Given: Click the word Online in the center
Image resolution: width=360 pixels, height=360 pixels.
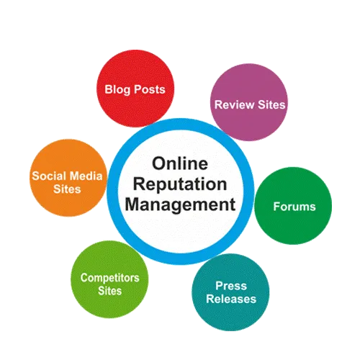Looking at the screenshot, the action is [x=180, y=163].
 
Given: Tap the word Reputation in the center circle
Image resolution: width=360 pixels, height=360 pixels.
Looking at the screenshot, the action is [x=180, y=185].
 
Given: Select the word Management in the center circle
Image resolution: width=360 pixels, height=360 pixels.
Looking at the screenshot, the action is [x=180, y=205].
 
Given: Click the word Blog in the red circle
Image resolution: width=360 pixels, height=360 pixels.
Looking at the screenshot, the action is [x=117, y=90].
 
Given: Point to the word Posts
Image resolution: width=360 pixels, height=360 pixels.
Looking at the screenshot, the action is [x=150, y=89].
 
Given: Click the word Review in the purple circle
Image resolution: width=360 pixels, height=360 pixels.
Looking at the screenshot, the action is [x=235, y=105].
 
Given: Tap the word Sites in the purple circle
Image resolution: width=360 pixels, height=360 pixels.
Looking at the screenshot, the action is [x=271, y=105].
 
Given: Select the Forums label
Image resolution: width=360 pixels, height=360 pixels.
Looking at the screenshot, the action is [x=294, y=207].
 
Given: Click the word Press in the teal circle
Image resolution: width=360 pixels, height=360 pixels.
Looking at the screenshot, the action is [x=231, y=286].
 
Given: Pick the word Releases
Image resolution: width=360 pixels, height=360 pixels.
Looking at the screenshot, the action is [x=231, y=299].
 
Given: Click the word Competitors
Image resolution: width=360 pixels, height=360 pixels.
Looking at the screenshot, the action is [x=110, y=278].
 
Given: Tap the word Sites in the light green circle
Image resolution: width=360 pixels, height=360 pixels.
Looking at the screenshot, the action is [x=110, y=291].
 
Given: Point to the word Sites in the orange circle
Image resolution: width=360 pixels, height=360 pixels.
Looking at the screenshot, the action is [x=67, y=189].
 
